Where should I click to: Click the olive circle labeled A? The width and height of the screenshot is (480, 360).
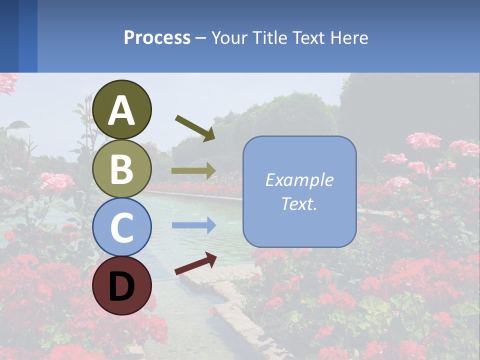click(x=121, y=109)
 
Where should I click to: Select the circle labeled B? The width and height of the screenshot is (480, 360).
click(x=121, y=168)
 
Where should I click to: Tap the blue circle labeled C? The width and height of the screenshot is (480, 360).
click(x=121, y=227)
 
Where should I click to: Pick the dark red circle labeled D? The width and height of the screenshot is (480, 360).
click(x=121, y=285)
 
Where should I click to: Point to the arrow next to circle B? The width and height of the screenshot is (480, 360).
click(x=193, y=171)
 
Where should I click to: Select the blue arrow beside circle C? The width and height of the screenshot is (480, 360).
click(x=193, y=225)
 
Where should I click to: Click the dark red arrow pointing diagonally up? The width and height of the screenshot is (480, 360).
click(x=195, y=263)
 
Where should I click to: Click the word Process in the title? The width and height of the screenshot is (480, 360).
click(x=157, y=38)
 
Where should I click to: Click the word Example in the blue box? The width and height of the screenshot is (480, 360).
click(x=299, y=180)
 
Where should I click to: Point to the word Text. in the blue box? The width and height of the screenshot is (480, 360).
click(x=299, y=203)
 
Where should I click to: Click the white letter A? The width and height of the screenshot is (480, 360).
click(x=121, y=110)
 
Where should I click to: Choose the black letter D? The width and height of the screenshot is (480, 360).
click(x=121, y=286)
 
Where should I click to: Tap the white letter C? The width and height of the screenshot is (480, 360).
click(x=121, y=228)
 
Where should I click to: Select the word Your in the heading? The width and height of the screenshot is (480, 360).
click(x=230, y=38)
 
